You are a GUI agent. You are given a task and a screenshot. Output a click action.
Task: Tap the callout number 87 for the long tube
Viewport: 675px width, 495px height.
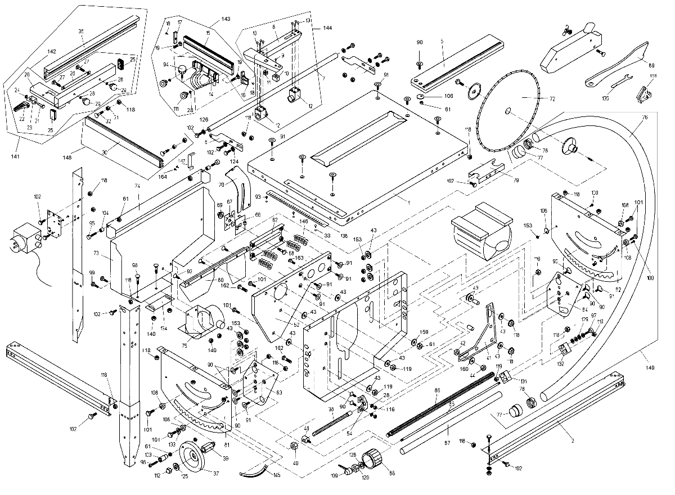point(448,429)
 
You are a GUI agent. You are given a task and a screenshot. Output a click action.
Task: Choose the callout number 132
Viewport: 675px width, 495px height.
point(560,363)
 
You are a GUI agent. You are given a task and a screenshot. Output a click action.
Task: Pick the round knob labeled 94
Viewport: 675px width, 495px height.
point(182,70)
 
